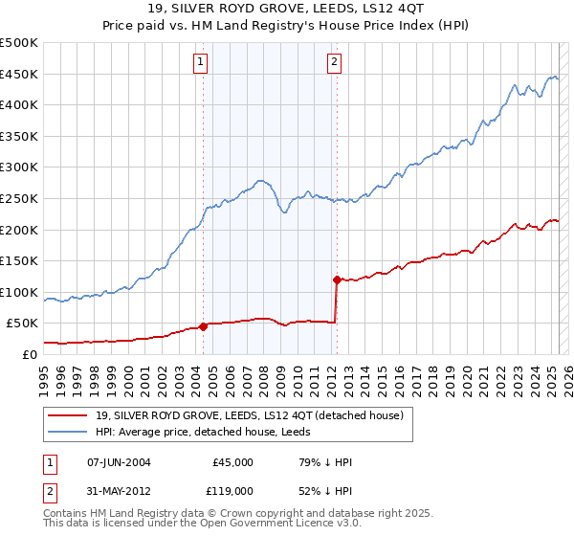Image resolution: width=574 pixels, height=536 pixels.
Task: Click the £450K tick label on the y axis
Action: [19, 74]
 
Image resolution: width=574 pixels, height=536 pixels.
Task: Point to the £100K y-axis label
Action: [19, 292]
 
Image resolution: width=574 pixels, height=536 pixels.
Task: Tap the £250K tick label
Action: [19, 198]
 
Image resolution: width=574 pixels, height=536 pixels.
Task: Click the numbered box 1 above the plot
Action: [201, 63]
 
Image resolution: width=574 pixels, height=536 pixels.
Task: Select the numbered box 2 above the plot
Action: [335, 63]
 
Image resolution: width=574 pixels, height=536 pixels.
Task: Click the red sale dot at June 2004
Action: [203, 326]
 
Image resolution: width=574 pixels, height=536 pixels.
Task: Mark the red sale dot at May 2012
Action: [337, 279]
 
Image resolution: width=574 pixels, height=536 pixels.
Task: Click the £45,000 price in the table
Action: [232, 462]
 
